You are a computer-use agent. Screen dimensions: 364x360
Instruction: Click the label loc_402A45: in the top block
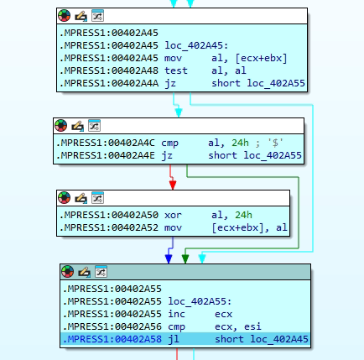click(196, 45)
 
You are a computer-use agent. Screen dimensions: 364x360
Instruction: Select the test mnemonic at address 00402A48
click(176, 70)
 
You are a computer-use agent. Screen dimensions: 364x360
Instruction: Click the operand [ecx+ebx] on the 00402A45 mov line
click(261, 58)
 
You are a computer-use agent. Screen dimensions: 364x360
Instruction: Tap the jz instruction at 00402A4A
click(170, 83)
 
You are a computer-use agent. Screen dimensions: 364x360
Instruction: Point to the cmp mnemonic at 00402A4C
click(169, 143)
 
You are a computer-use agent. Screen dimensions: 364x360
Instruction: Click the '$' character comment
click(275, 143)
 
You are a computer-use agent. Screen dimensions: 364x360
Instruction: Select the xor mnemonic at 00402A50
click(173, 215)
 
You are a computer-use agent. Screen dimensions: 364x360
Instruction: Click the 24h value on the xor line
click(243, 215)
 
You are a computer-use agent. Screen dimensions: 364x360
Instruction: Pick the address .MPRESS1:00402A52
click(109, 227)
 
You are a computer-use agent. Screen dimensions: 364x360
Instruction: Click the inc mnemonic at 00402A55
click(176, 314)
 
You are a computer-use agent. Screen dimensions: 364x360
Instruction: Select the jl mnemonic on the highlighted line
click(174, 339)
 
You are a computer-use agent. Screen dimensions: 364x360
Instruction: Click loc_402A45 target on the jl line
click(279, 339)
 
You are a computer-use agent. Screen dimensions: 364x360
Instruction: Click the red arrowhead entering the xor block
click(173, 185)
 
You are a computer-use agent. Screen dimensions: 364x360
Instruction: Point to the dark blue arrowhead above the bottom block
click(169, 259)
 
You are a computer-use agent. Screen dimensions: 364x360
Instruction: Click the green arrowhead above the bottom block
click(185, 259)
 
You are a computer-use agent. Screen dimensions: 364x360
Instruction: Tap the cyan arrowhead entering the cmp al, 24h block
click(179, 112)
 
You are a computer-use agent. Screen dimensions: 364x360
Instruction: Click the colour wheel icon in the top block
click(65, 16)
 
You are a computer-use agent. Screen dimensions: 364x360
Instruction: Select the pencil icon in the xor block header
click(81, 198)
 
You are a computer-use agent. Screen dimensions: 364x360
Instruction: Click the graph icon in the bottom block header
click(101, 272)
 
